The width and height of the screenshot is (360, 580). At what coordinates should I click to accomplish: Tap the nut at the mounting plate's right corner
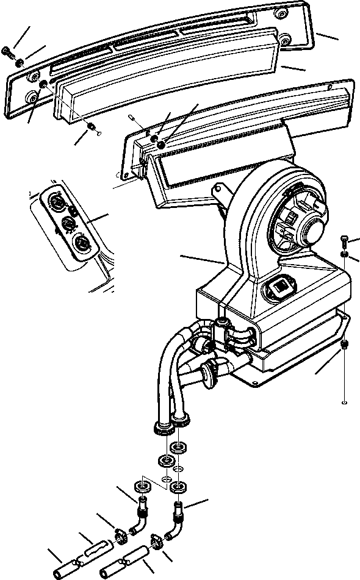[x=344, y=345]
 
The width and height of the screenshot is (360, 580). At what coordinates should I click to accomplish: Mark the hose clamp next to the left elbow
[x=120, y=536]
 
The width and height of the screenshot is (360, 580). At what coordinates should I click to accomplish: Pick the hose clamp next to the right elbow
[x=156, y=540]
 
